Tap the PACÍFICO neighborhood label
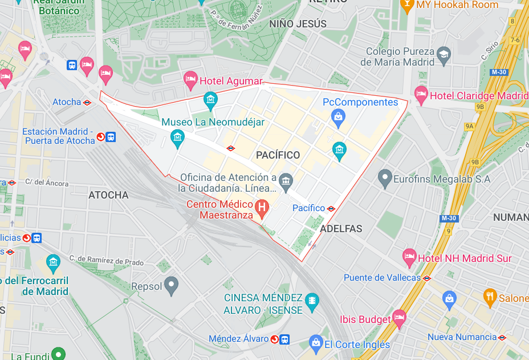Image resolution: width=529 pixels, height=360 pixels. click(x=278, y=155)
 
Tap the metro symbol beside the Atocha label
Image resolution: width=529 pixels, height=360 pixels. click(x=87, y=102)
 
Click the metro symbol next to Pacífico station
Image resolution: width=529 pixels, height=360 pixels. click(x=331, y=208)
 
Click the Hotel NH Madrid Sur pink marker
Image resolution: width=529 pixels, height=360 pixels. click(x=409, y=257)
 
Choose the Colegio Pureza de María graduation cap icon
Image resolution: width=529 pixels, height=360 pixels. click(x=443, y=55)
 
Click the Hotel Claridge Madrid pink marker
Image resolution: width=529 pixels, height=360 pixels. click(x=421, y=94)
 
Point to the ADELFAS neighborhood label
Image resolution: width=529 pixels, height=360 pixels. click(x=341, y=229)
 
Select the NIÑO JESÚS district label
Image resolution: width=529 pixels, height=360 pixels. click(x=298, y=24)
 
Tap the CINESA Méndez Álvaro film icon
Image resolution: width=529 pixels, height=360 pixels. click(x=312, y=302)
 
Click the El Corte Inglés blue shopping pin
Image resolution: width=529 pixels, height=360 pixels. click(x=315, y=343)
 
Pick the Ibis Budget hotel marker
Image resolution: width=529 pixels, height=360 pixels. click(x=399, y=318)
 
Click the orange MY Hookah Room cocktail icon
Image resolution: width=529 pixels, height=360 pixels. click(x=407, y=5)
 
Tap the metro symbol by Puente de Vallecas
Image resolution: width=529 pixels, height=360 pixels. click(x=426, y=278)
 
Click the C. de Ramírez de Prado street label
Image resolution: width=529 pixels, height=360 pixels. click(x=107, y=261)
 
